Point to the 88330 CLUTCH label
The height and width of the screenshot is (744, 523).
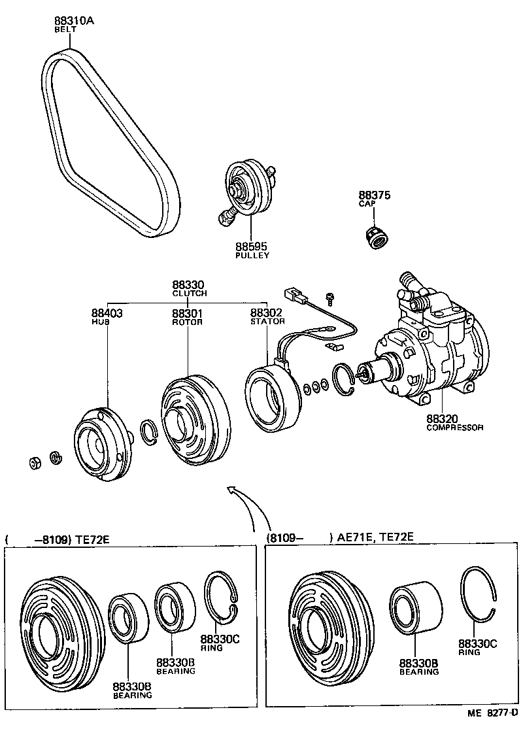click(x=189, y=288)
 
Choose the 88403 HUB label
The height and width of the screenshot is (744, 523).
click(x=107, y=317)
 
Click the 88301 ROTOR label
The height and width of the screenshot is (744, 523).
click(x=188, y=317)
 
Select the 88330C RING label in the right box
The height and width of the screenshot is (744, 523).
click(x=477, y=647)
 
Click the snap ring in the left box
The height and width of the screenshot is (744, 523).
click(x=222, y=599)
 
